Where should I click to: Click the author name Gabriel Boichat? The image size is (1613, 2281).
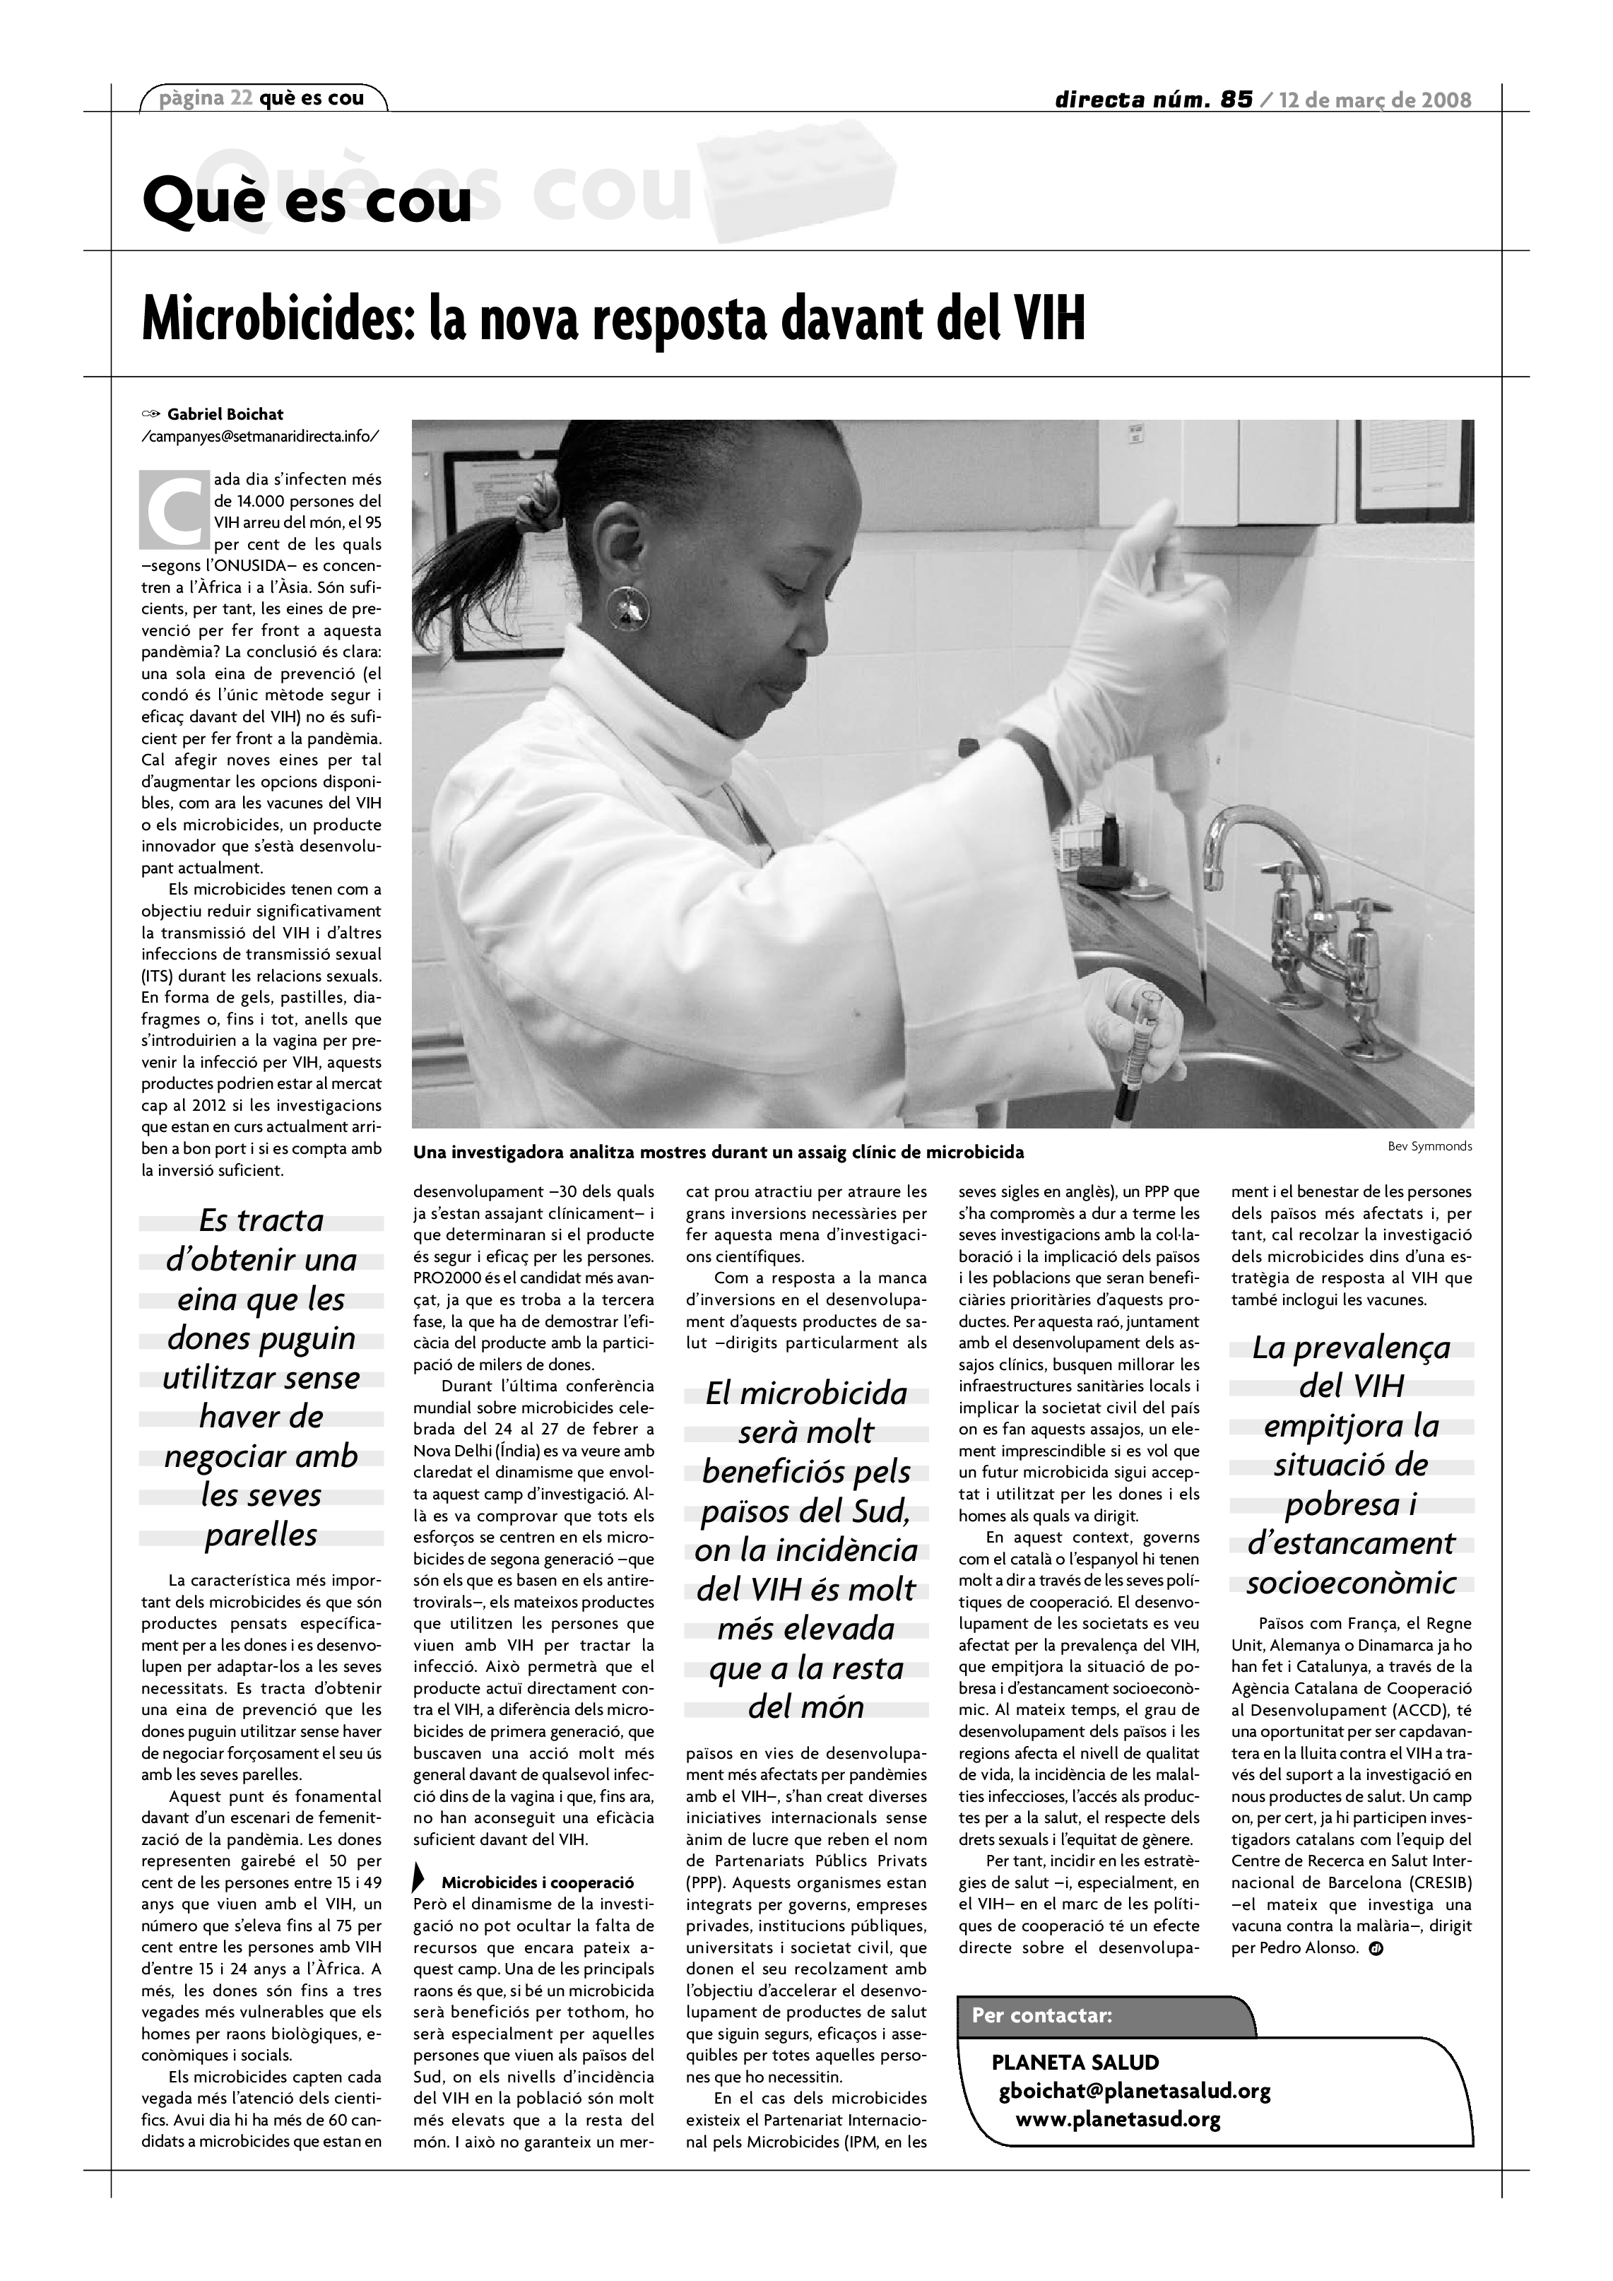point(225,414)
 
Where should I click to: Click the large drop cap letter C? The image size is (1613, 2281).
point(174,512)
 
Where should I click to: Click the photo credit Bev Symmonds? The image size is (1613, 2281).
point(1429,1146)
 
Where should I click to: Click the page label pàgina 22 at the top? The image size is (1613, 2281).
point(203,98)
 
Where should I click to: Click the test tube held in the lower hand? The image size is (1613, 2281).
point(1138,1053)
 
